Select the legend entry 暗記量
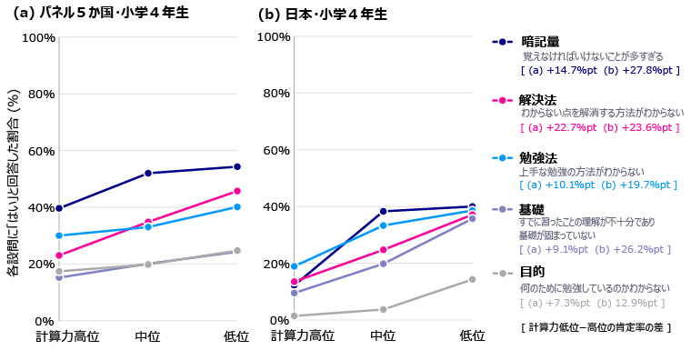coord(540,42)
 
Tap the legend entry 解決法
coord(540,99)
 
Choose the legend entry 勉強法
coord(540,157)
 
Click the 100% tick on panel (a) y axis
coord(37,37)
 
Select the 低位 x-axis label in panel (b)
coord(472,336)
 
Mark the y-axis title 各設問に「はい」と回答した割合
coord(13,182)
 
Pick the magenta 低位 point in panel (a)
coord(237,191)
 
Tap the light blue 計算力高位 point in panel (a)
coord(59,235)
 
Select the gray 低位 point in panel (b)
coord(472,279)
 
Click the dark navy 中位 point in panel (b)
coord(383,211)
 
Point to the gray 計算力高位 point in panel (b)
coord(294,315)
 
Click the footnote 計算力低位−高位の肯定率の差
coord(592,326)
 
